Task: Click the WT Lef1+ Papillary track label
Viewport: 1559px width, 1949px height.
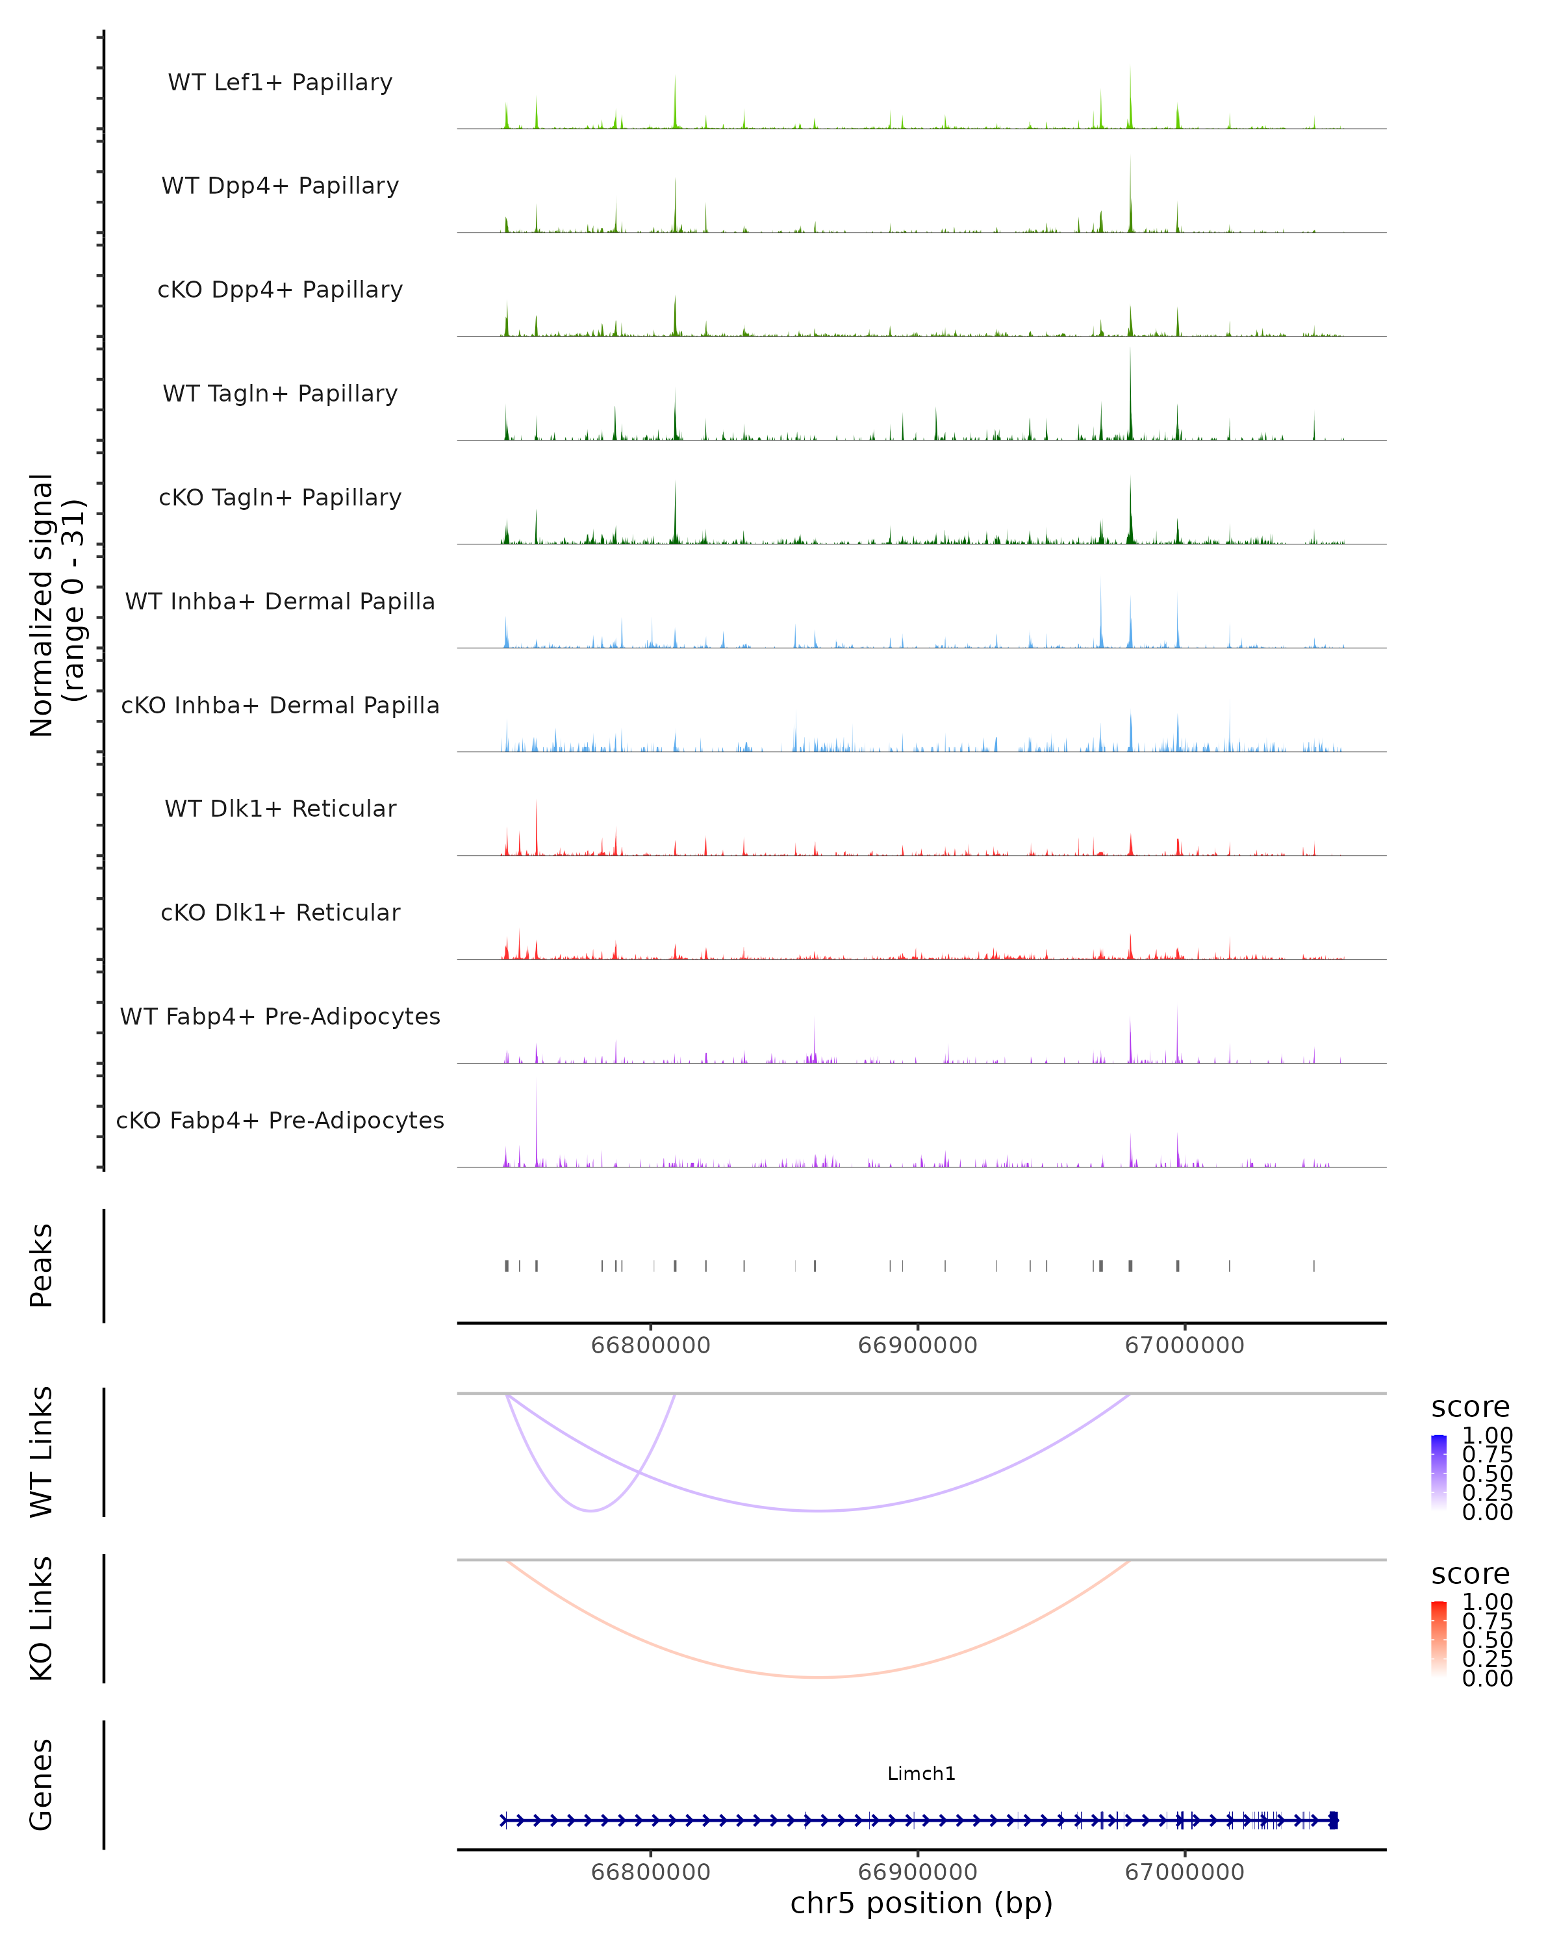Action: [280, 83]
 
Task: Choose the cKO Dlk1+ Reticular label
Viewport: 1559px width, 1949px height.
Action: [280, 912]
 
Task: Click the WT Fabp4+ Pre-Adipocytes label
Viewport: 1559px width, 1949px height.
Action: [280, 1016]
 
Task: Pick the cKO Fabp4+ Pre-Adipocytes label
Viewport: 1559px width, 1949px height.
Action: [280, 1120]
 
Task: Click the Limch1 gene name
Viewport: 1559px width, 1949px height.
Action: [921, 1774]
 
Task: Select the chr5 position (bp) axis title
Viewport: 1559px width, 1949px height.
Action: [921, 1903]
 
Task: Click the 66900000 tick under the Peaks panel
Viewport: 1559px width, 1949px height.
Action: [917, 1345]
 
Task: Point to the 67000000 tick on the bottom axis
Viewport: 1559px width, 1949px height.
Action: [1184, 1872]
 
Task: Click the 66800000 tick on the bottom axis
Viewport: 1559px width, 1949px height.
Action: [651, 1872]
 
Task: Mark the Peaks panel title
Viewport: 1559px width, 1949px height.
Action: [42, 1266]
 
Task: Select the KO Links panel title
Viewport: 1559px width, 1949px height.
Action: [42, 1618]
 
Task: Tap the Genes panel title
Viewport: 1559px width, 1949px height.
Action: [42, 1785]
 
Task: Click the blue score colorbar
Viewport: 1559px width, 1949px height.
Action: [1439, 1473]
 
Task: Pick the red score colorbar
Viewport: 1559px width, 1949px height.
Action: [1439, 1639]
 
